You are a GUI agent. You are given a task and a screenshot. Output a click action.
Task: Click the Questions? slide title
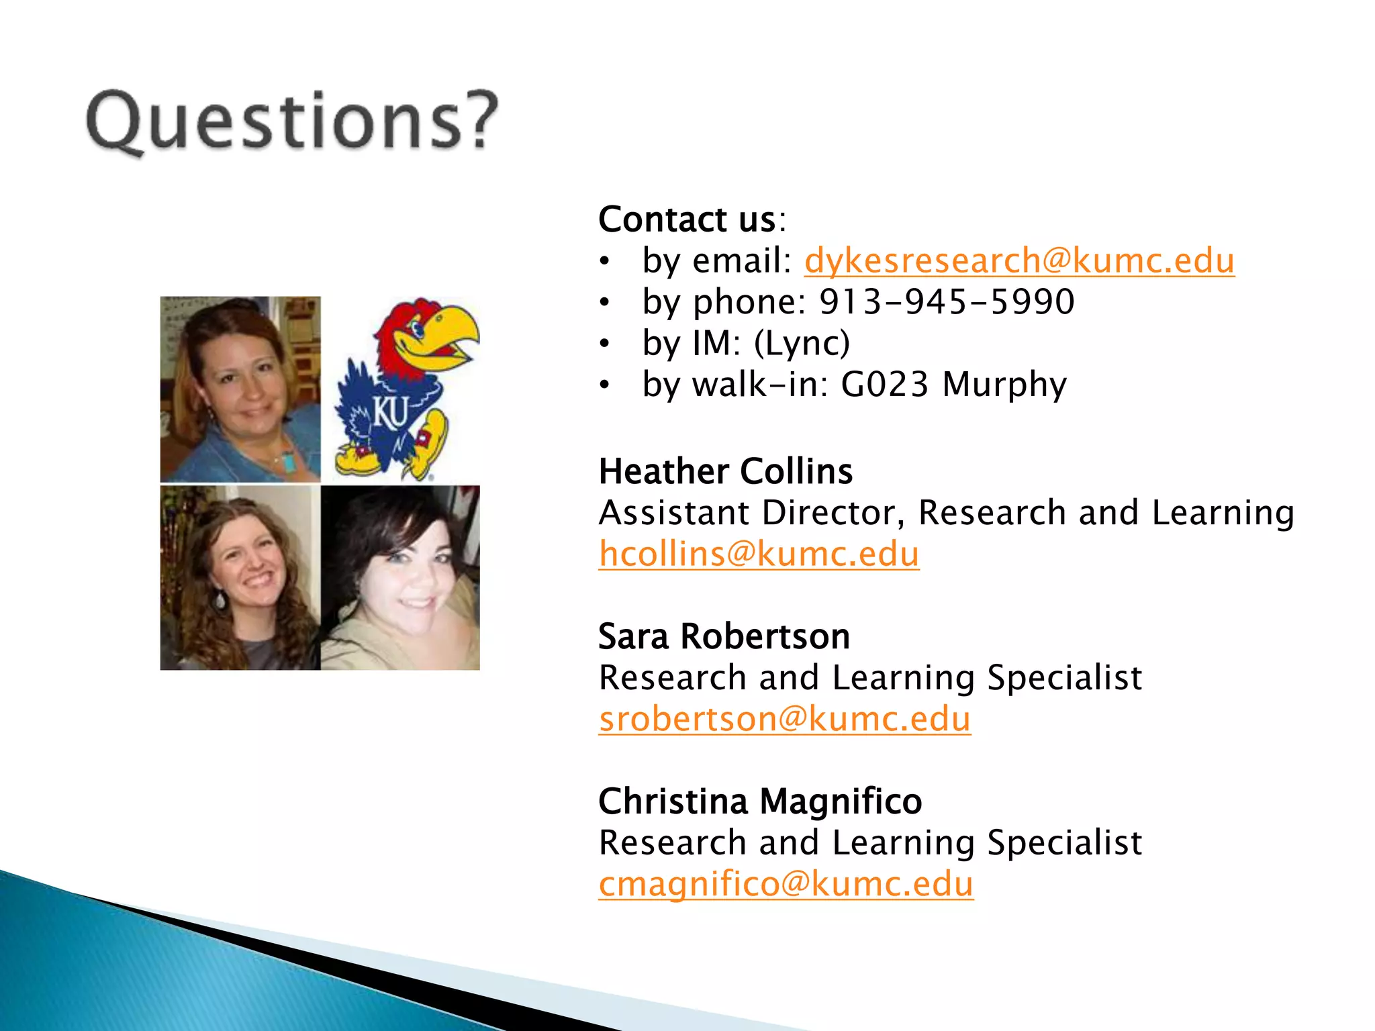point(292,121)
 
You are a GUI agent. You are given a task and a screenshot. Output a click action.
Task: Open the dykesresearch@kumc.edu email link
point(1018,260)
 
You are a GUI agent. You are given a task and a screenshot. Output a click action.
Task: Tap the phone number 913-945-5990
point(947,301)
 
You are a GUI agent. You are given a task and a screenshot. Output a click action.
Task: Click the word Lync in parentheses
point(802,343)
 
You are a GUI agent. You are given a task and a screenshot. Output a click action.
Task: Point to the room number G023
point(884,385)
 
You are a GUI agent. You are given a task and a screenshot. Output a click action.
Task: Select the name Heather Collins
point(725,471)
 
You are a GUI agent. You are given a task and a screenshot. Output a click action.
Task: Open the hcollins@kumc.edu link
point(759,554)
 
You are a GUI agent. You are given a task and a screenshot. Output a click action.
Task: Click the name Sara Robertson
point(724,636)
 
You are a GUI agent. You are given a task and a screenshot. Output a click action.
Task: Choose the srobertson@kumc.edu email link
point(784,719)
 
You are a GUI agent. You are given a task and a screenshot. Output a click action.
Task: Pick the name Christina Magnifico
point(760,801)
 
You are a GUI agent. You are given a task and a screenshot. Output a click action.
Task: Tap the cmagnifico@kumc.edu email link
point(786,884)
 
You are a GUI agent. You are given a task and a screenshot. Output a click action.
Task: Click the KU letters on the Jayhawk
point(390,412)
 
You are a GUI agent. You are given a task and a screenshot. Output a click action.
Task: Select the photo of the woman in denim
point(240,389)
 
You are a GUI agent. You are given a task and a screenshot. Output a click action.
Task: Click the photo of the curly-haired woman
point(240,577)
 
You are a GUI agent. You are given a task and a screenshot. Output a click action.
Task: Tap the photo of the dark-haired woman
point(400,577)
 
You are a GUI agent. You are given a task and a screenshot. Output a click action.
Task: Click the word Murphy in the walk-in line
point(1004,385)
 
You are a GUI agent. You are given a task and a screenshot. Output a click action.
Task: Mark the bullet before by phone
point(605,303)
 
